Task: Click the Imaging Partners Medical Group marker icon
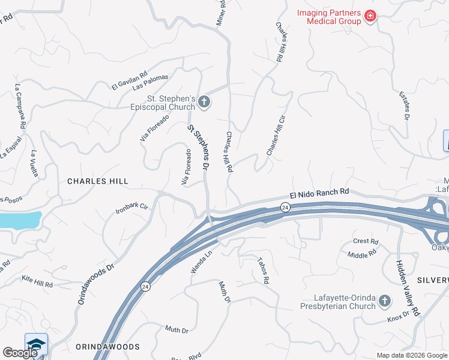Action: pyautogui.click(x=370, y=16)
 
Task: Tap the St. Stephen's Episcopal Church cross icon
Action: pyautogui.click(x=203, y=102)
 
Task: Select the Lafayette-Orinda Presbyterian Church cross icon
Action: pyautogui.click(x=385, y=301)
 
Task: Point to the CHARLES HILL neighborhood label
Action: pyautogui.click(x=98, y=181)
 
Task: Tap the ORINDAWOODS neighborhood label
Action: pyautogui.click(x=108, y=347)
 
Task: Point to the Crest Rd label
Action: pyautogui.click(x=366, y=242)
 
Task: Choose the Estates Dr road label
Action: pyautogui.click(x=405, y=106)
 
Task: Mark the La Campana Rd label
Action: pyautogui.click(x=20, y=107)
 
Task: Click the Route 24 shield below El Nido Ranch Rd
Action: pyautogui.click(x=285, y=208)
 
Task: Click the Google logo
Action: pyautogui.click(x=20, y=353)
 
